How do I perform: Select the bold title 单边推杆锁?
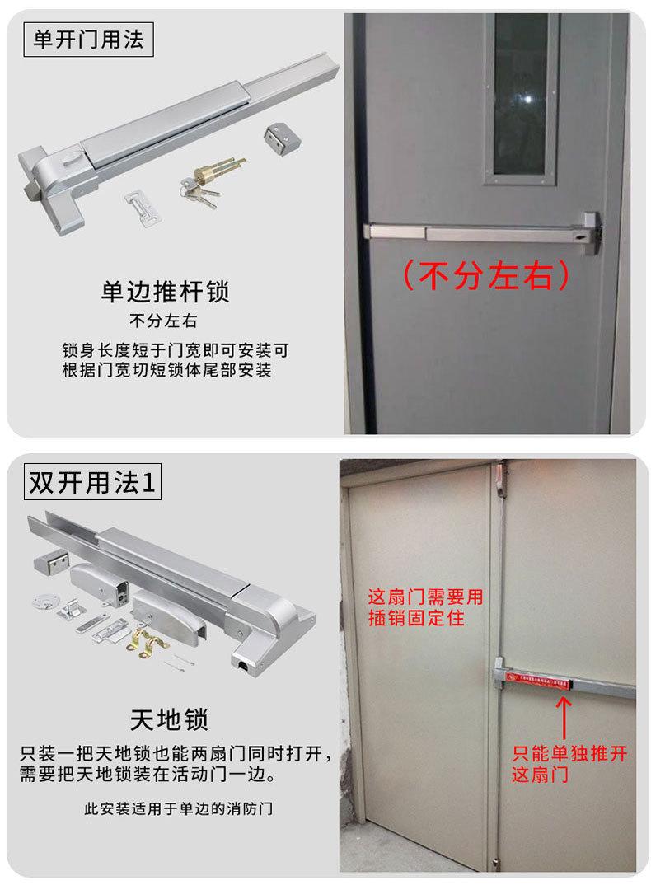(x=165, y=292)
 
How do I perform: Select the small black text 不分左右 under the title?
(x=164, y=321)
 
